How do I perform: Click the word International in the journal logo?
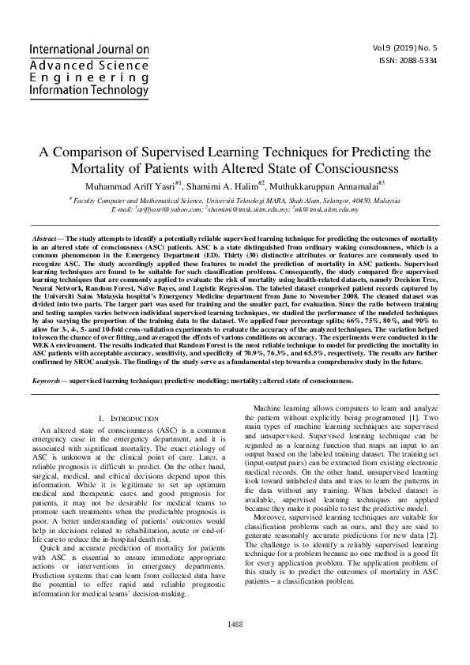(x=66, y=49)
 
